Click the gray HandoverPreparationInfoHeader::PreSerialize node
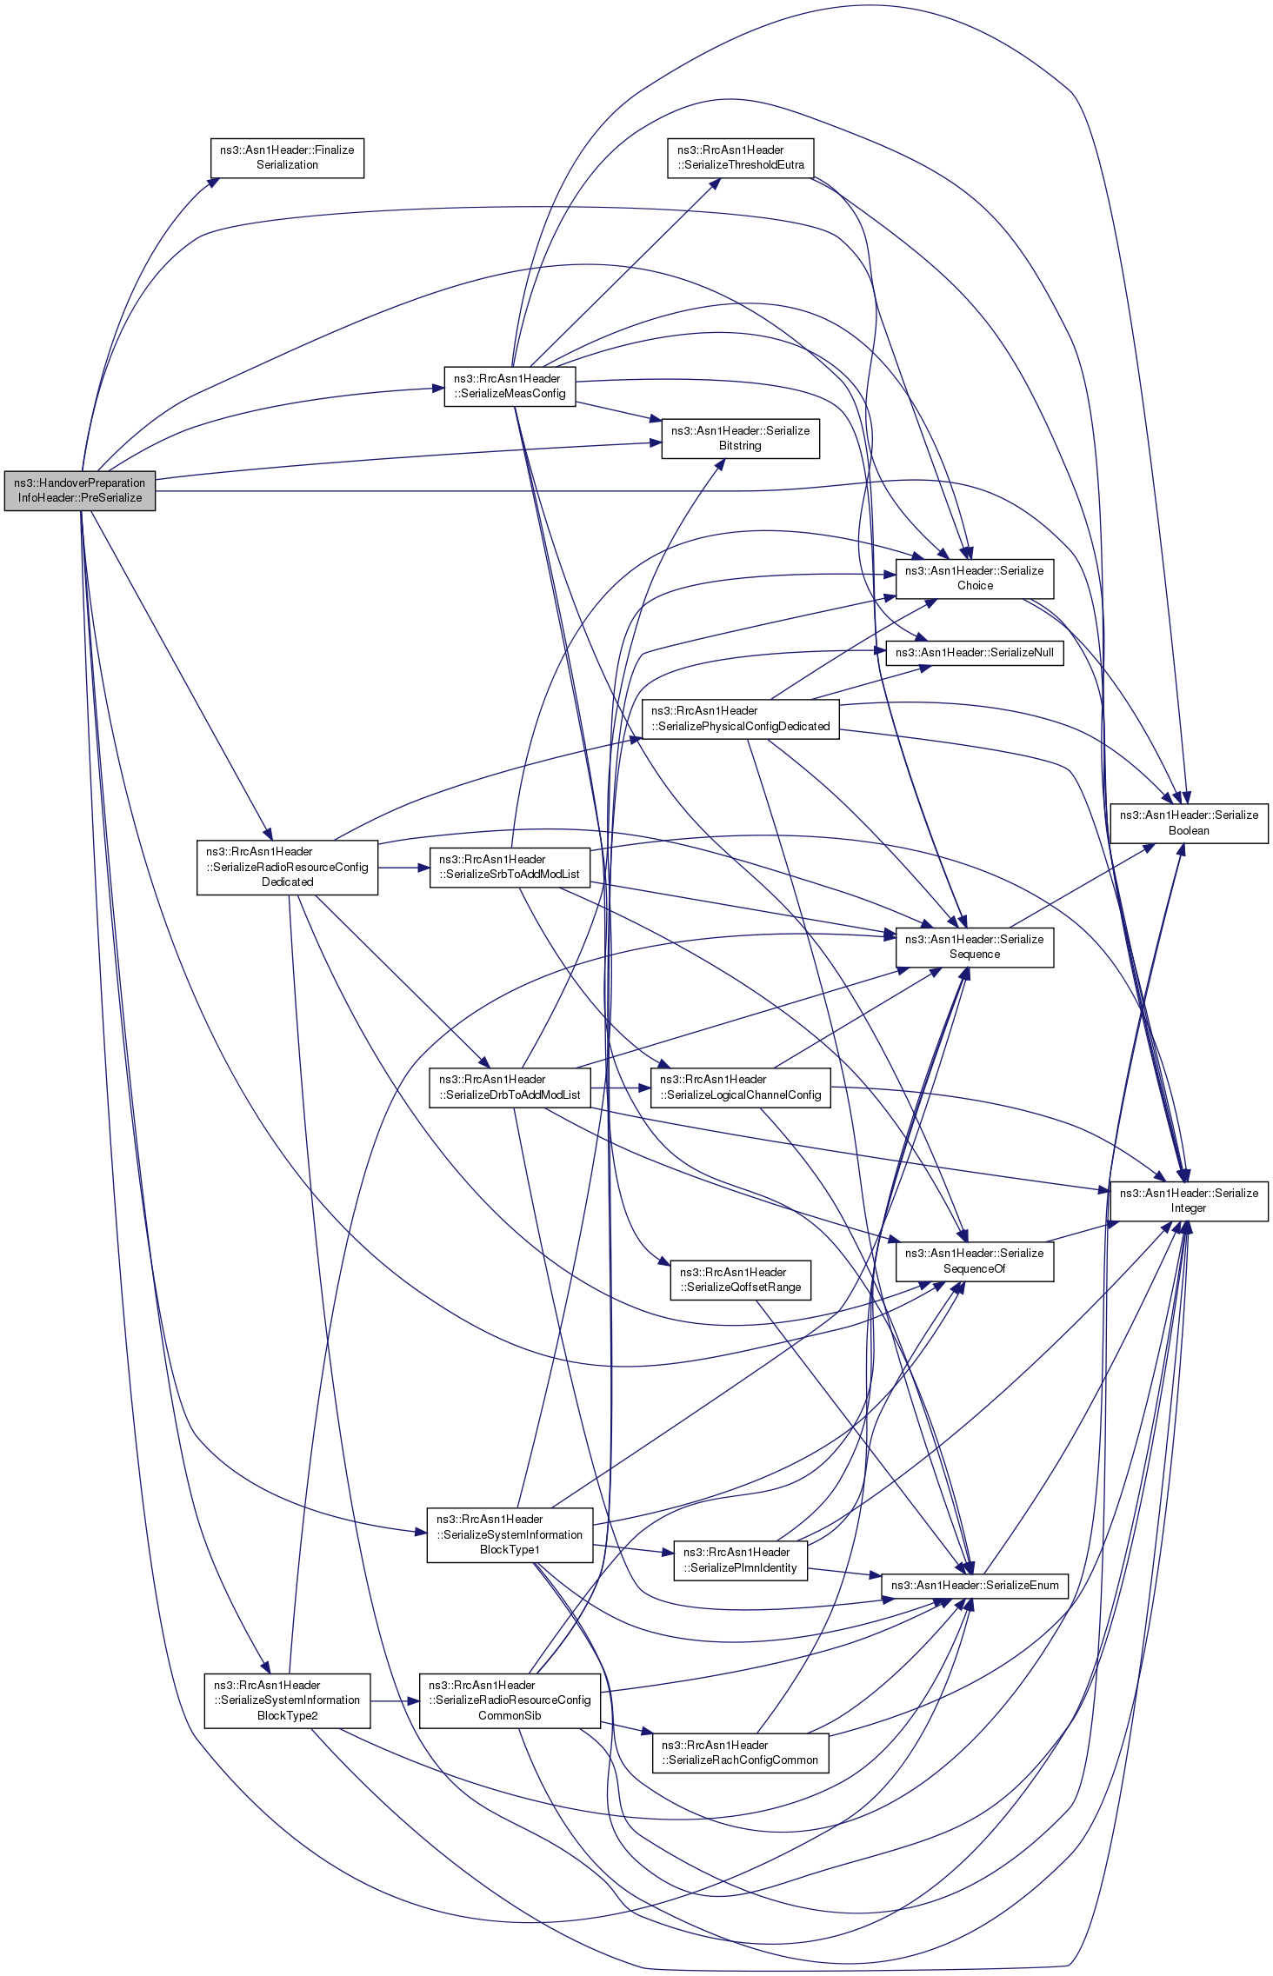[80, 491]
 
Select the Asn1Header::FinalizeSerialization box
[287, 158]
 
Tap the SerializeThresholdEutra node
[741, 158]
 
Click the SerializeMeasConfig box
[510, 387]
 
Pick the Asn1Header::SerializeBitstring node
[741, 439]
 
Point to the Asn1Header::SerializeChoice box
[975, 579]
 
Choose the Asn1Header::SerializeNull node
[975, 653]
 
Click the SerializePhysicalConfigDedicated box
[741, 719]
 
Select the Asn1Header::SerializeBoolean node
[1189, 823]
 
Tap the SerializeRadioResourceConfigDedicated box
[287, 868]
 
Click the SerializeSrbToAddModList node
[510, 868]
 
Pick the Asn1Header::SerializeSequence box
[975, 948]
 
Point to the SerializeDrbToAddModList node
[510, 1088]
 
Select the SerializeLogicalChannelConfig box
[741, 1088]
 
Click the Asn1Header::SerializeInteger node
[1189, 1201]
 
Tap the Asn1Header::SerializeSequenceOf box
[975, 1261]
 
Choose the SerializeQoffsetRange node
[741, 1281]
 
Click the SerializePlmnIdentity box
[741, 1560]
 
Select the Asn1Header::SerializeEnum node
[975, 1586]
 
